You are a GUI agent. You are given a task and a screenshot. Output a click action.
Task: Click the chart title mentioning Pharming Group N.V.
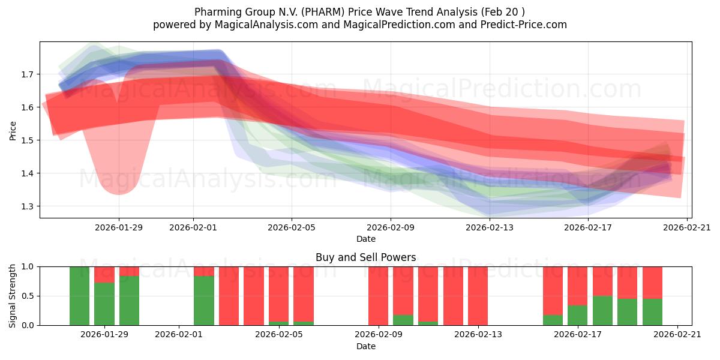pos(359,12)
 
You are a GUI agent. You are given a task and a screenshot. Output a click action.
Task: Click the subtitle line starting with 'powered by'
pos(359,25)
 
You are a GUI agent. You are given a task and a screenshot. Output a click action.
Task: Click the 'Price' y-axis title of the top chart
pos(13,130)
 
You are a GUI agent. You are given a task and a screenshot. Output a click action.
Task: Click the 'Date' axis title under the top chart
pos(365,239)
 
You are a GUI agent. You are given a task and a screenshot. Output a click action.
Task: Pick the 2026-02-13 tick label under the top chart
pos(490,227)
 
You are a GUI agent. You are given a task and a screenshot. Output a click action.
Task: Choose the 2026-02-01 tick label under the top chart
pos(193,227)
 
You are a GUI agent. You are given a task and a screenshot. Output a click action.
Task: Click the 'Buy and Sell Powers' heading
pos(365,257)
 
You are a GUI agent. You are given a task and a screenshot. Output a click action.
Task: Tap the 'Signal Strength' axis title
pos(13,296)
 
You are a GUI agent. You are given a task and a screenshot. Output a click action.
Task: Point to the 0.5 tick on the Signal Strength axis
pos(28,296)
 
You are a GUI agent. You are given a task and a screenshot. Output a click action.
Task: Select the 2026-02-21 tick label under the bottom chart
pos(677,335)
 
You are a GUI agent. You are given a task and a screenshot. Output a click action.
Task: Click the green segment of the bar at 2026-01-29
pos(104,304)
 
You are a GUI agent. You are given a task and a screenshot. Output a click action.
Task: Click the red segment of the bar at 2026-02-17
pos(577,286)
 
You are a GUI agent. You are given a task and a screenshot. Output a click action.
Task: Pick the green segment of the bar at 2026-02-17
pos(577,316)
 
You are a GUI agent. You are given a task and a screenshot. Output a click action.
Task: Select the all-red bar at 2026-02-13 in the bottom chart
pos(478,296)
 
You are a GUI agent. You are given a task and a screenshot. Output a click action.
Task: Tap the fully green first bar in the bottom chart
pos(79,296)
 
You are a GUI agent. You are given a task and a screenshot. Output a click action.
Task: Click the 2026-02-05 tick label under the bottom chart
pos(278,335)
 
